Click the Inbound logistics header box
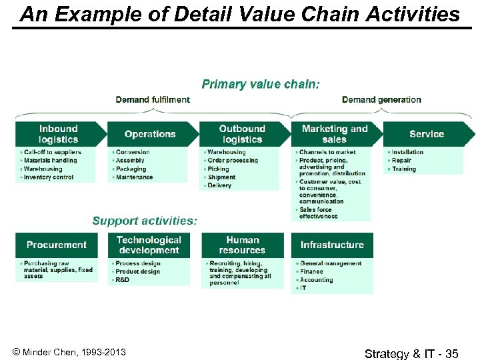coord(58,134)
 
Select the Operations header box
coord(150,134)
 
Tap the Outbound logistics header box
coord(242,134)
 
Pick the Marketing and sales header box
coord(334,134)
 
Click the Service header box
coord(426,134)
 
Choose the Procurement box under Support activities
coord(57,245)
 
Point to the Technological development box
coord(149,245)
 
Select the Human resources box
coord(242,245)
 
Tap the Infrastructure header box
coord(332,245)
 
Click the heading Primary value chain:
coord(261,84)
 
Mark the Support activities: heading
coord(145,221)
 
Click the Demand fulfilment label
coord(153,100)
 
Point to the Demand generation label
coord(381,100)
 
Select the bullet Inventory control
coord(49,177)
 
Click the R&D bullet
coord(123,280)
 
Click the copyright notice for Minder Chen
coord(69,352)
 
